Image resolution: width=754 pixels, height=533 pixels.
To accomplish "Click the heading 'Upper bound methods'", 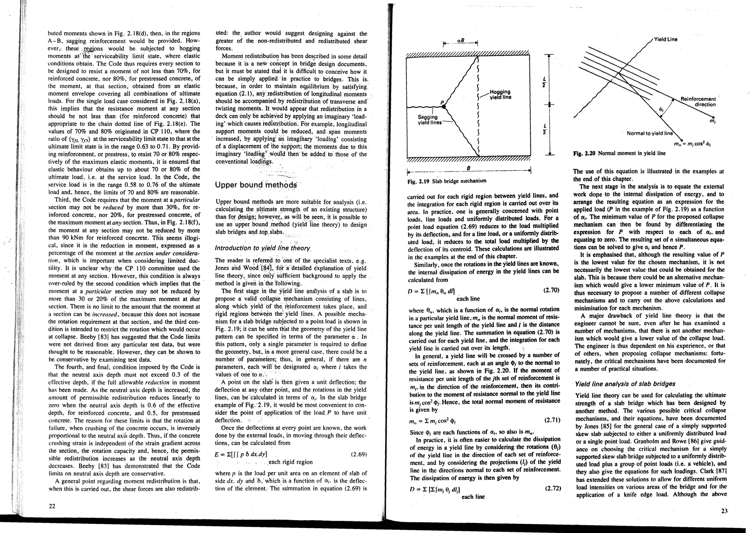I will [x=256, y=185].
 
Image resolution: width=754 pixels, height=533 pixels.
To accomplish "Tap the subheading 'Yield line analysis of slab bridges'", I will [x=625, y=384].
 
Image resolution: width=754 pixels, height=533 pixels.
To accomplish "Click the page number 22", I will [x=52, y=506].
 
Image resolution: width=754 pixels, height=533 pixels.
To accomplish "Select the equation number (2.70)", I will [x=551, y=290].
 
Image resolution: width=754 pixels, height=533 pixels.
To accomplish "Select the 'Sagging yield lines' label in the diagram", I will [x=428, y=120].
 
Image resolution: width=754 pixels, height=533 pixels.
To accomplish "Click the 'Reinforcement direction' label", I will [x=698, y=102].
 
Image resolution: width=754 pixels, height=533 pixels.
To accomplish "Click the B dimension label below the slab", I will [x=468, y=167].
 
